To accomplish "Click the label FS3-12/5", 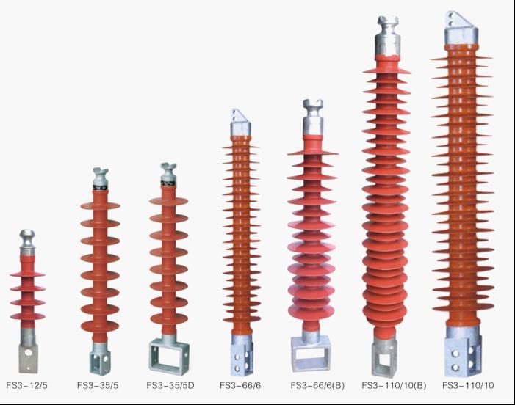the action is (26, 386).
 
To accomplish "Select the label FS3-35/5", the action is (98, 386).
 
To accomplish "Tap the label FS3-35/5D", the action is (170, 386).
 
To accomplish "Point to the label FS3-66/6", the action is (240, 386).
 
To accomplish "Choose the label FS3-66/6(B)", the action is (317, 386).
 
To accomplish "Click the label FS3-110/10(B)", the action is (394, 386).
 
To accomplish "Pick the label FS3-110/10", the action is (468, 386).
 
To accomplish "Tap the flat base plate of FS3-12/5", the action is (28, 358).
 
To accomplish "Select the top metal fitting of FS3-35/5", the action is (100, 179).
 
